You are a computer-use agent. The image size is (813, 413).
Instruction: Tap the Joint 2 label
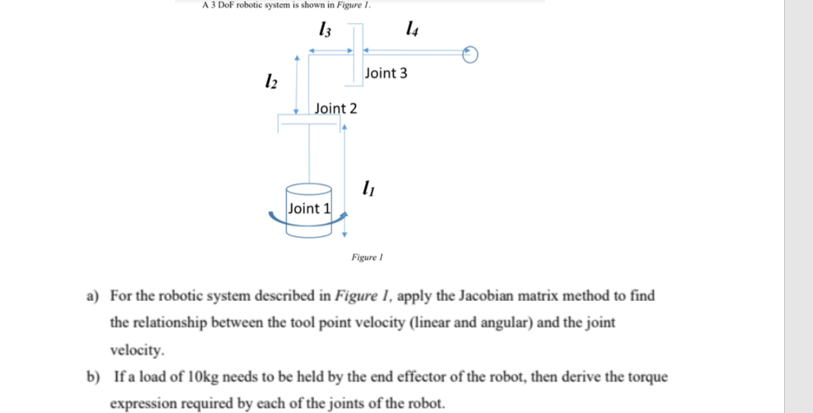point(335,109)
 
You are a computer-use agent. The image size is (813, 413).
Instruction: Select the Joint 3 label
point(386,73)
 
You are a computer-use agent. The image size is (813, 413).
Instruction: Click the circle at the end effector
point(469,54)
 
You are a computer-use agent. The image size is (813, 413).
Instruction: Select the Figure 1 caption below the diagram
point(367,258)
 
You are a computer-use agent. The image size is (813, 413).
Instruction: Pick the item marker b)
point(93,378)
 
